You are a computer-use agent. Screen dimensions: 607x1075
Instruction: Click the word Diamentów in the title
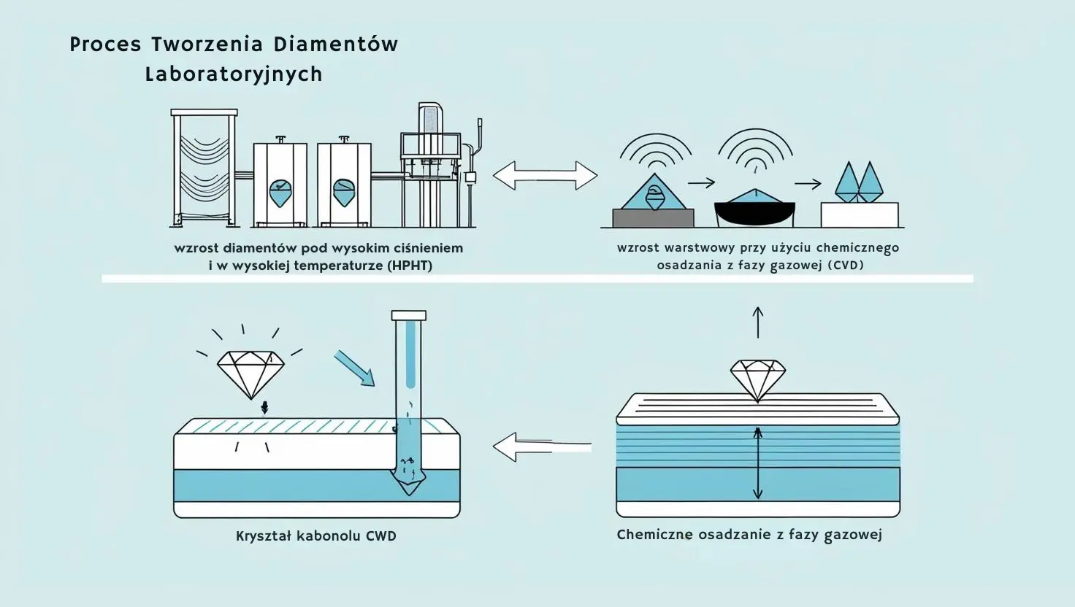pos(336,45)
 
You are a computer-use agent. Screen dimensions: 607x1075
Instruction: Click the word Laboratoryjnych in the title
pos(234,74)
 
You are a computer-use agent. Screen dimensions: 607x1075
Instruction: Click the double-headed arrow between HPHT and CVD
pos(545,176)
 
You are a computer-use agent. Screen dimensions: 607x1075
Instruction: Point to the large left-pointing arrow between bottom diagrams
pos(540,446)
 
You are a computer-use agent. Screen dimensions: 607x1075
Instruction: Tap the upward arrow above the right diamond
pos(758,322)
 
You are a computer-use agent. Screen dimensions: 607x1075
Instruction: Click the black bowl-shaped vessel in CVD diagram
pos(754,213)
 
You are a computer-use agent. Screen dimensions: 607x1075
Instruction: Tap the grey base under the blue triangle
pos(653,217)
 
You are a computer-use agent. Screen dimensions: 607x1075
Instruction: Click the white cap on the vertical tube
pos(408,316)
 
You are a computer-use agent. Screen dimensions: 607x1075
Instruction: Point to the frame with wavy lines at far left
pos(204,168)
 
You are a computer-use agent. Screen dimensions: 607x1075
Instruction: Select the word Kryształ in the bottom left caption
pos(264,536)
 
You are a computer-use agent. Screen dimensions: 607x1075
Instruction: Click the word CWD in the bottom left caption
pos(380,536)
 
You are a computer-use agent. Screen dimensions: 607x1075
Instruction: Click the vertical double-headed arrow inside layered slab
pos(757,463)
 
